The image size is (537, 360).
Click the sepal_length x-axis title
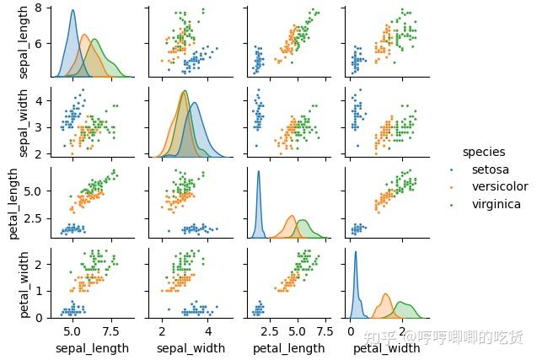tap(92, 347)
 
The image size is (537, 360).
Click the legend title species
tap(483, 153)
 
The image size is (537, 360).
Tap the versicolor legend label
tap(500, 186)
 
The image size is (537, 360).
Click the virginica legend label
tap(496, 204)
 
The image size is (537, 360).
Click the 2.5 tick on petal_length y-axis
tap(38, 222)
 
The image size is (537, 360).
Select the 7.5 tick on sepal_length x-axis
tap(114, 330)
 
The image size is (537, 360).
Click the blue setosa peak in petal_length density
tap(259, 173)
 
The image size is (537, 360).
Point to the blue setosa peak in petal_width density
tap(356, 252)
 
